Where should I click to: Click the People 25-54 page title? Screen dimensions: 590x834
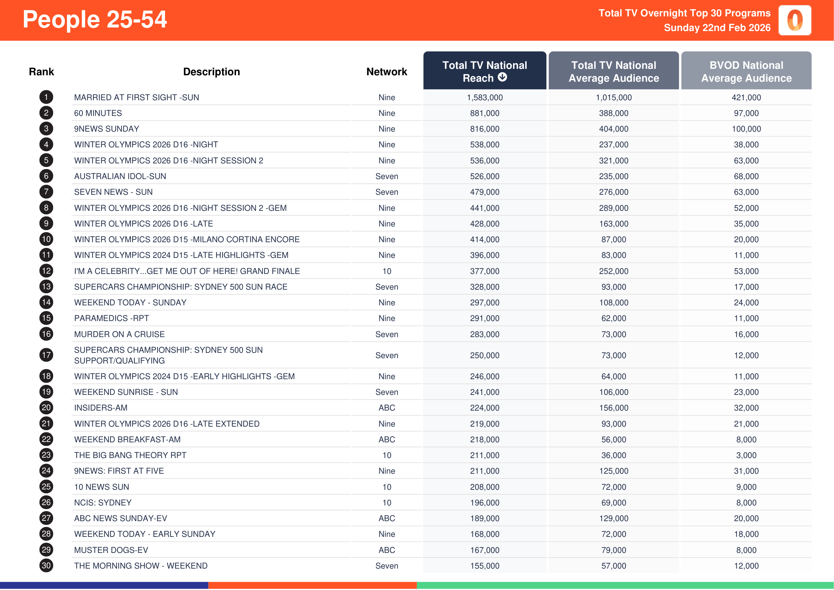click(x=95, y=20)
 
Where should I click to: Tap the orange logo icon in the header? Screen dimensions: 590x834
click(x=794, y=20)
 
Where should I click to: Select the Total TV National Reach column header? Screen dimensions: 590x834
click(x=484, y=71)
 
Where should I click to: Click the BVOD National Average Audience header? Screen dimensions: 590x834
click(x=746, y=71)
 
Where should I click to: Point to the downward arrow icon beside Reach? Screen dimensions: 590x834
click(x=502, y=77)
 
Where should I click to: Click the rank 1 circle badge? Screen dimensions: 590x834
click(x=46, y=97)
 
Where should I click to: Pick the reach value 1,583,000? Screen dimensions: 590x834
click(x=485, y=98)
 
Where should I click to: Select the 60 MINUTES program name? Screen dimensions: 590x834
click(x=98, y=113)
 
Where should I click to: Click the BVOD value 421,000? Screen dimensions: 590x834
click(x=746, y=98)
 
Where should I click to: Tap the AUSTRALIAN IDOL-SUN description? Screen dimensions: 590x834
click(x=120, y=177)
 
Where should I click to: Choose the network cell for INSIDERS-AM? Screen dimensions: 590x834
click(x=387, y=408)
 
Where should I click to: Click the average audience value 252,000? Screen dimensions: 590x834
click(x=614, y=271)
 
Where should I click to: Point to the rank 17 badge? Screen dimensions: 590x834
click(x=46, y=355)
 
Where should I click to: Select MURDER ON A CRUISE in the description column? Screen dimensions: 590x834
click(x=119, y=335)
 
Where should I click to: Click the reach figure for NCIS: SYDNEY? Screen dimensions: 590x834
click(x=485, y=503)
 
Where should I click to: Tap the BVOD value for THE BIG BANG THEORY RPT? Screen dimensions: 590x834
click(x=746, y=456)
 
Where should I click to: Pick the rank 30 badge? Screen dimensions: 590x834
click(x=46, y=566)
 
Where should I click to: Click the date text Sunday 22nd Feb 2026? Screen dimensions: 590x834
click(x=717, y=28)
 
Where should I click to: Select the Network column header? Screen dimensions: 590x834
click(x=387, y=72)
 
